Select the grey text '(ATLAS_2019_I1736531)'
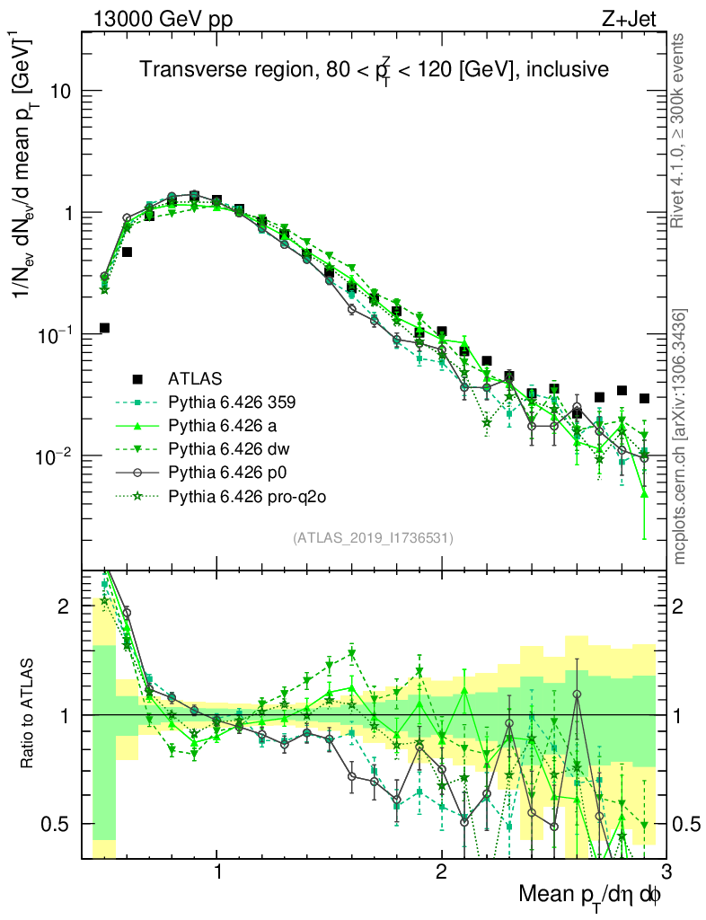[373, 538]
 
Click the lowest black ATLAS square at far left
[104, 328]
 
